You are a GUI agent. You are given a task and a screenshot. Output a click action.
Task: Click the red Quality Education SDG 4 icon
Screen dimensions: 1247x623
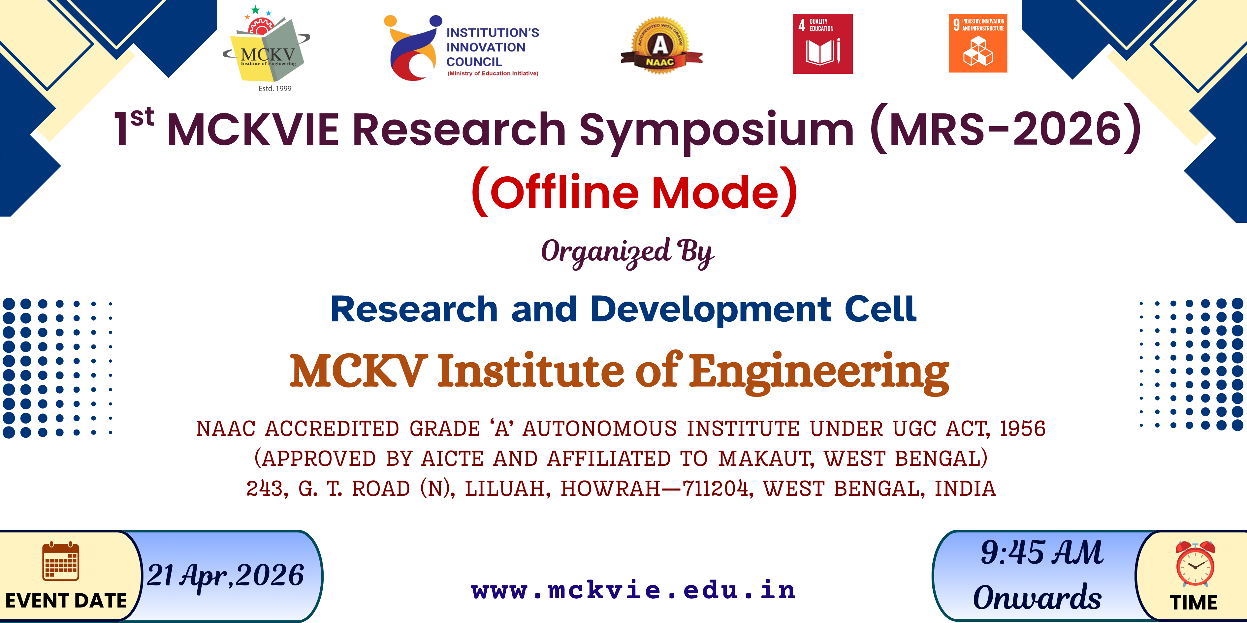click(x=822, y=44)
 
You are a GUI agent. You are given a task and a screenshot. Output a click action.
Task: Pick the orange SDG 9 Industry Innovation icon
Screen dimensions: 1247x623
click(x=978, y=43)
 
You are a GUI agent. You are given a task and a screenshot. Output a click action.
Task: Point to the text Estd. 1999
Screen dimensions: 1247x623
click(x=275, y=89)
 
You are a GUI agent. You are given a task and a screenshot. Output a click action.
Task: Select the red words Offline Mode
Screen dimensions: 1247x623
click(x=634, y=192)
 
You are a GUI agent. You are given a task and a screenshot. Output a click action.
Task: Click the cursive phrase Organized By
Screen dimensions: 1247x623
click(x=627, y=252)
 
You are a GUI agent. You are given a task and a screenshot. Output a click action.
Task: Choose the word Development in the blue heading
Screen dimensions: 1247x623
click(x=711, y=310)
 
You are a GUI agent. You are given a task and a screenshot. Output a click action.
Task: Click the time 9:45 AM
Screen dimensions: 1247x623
click(x=1042, y=552)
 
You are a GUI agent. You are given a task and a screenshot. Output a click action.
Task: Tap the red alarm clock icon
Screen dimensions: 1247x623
click(x=1195, y=564)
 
